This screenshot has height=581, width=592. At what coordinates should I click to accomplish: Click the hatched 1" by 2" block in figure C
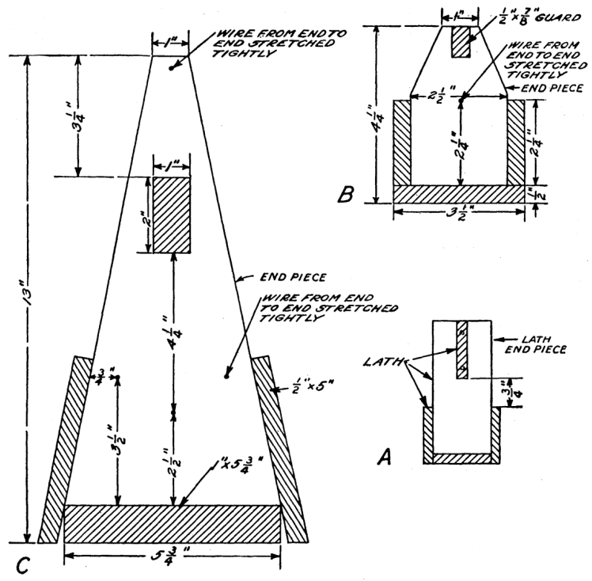click(172, 215)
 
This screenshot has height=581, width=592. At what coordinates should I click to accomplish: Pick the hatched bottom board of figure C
click(172, 523)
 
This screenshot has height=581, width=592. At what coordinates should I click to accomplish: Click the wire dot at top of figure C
click(171, 68)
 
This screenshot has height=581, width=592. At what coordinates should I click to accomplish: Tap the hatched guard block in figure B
click(461, 42)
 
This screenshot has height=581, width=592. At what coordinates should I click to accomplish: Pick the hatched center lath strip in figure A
click(462, 349)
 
